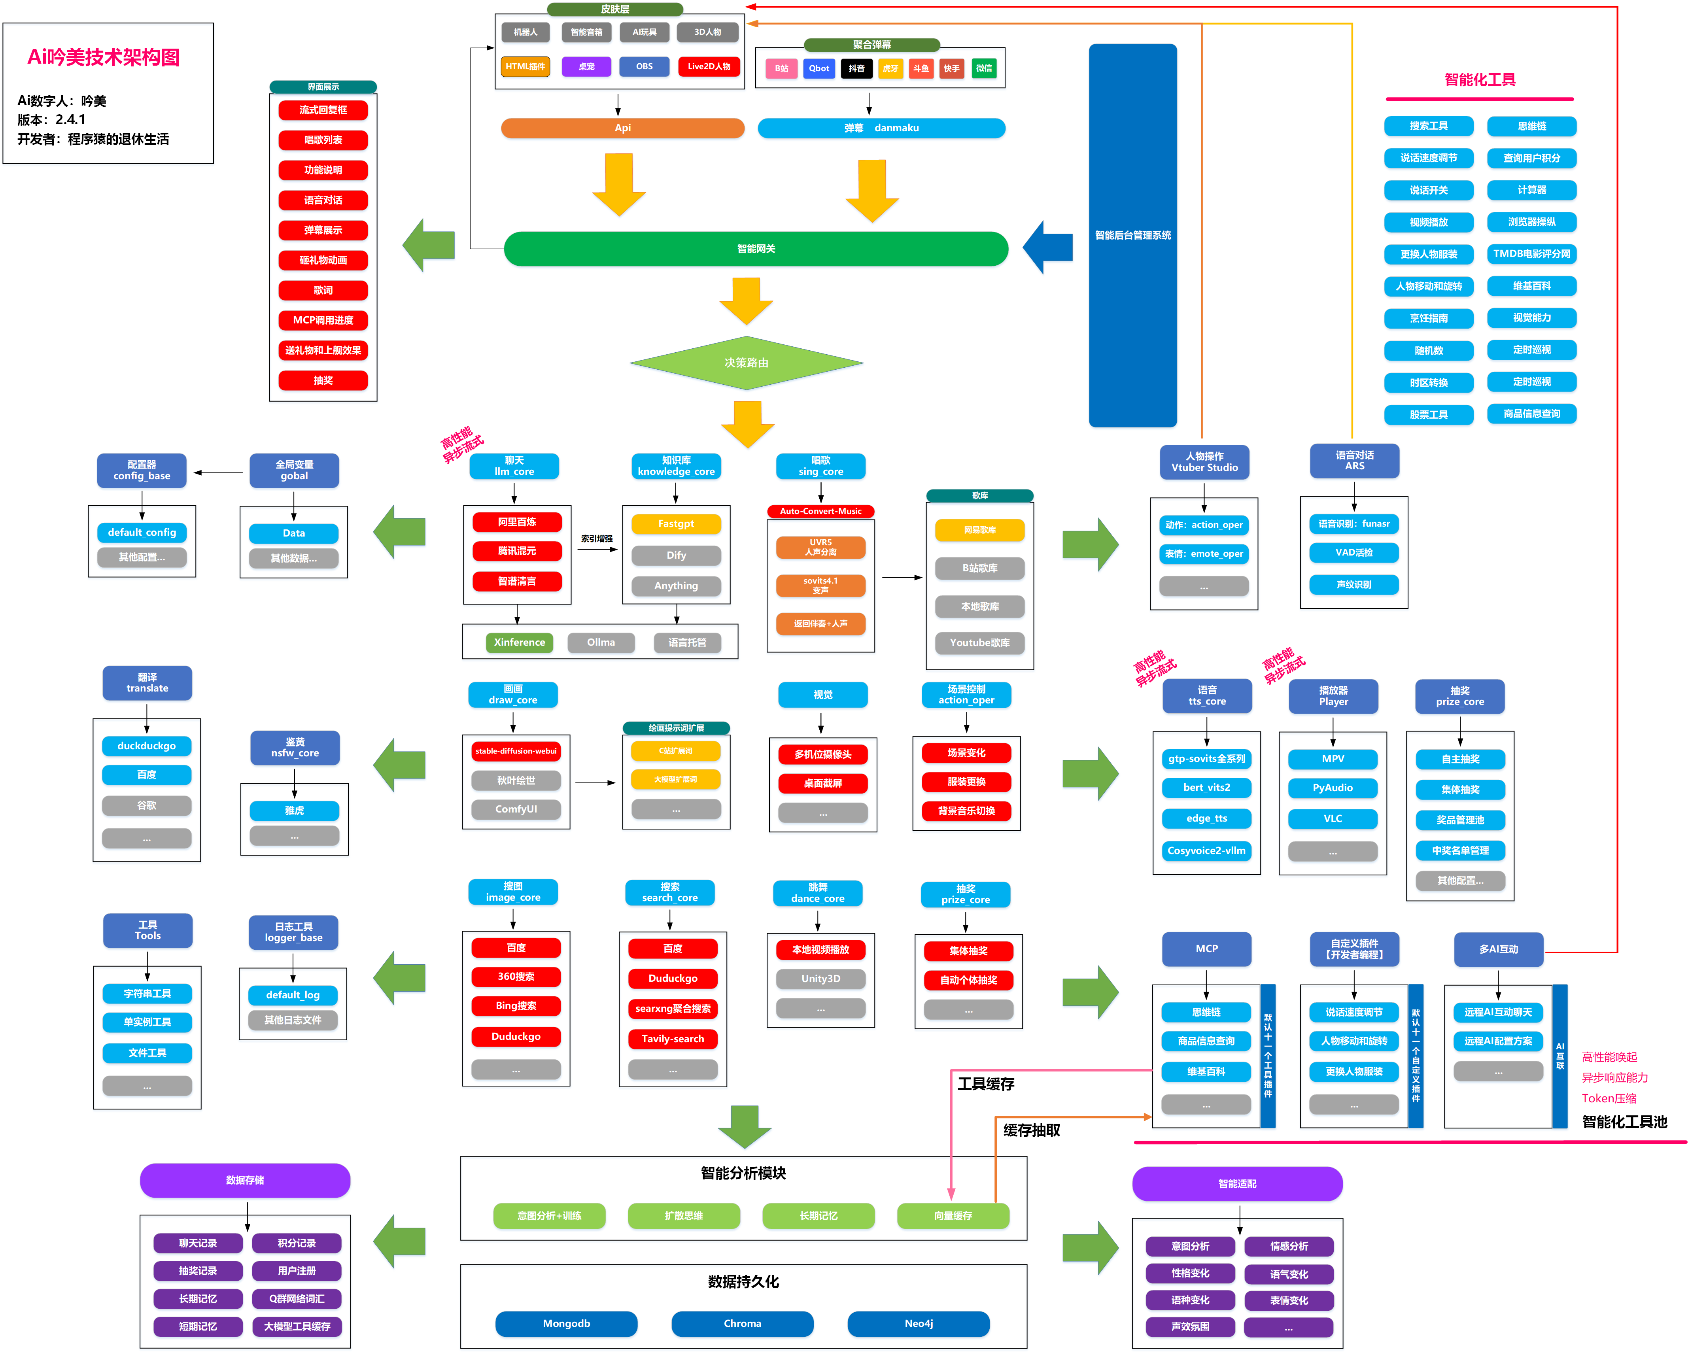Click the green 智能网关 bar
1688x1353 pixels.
(756, 249)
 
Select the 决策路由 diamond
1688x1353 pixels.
(746, 363)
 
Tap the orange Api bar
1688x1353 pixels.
(622, 128)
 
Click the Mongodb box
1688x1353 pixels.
(566, 1323)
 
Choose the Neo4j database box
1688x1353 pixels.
(919, 1323)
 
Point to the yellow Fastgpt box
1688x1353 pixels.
(676, 524)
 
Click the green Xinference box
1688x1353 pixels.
(519, 642)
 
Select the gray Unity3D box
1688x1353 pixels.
(820, 979)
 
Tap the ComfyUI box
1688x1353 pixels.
(516, 809)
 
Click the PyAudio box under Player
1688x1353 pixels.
(1333, 788)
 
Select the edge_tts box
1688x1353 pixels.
(1206, 818)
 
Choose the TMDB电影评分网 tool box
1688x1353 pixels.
(1531, 254)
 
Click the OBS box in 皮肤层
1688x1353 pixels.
(645, 66)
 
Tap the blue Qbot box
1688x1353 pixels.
(819, 68)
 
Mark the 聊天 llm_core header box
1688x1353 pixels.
(514, 466)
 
